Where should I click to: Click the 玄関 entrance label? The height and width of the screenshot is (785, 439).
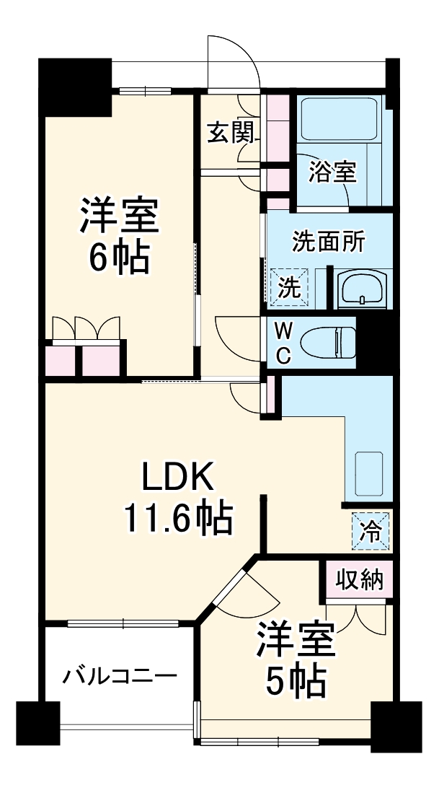(231, 133)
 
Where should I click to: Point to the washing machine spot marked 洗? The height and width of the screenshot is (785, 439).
(289, 286)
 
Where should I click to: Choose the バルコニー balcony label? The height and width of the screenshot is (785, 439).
(120, 676)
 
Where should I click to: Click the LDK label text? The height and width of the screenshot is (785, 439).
(177, 477)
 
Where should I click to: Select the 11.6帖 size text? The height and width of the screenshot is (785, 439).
(177, 517)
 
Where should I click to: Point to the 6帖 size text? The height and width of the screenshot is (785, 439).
(119, 256)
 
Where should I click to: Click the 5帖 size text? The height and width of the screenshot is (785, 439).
(296, 681)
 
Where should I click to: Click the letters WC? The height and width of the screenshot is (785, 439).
(285, 342)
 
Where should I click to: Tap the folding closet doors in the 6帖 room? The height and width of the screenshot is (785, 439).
(86, 328)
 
